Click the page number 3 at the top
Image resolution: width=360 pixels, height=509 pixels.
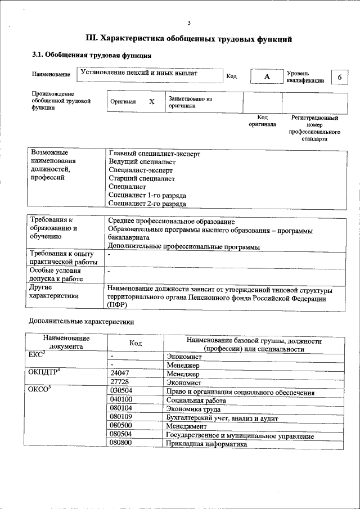(189, 22)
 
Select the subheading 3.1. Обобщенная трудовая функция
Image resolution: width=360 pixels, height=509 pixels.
(91, 55)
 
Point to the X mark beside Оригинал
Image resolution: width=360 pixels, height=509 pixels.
(151, 102)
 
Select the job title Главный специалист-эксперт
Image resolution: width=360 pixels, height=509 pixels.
(154, 153)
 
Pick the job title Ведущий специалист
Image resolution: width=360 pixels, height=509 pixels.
(142, 161)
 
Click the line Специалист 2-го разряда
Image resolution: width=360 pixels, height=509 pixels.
(147, 204)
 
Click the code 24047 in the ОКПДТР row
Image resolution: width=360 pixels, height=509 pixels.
(120, 373)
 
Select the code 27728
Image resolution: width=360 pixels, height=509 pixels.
(120, 382)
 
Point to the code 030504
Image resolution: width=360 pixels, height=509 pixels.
(121, 391)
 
